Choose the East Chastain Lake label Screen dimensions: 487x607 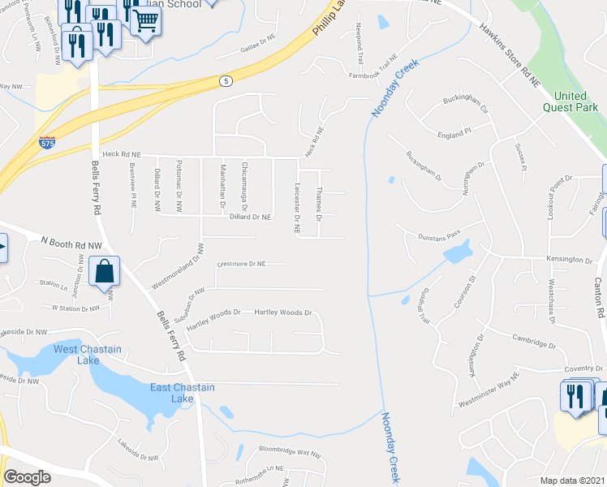coord(183,393)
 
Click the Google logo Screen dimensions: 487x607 coord(27,476)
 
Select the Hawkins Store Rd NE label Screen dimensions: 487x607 coord(509,55)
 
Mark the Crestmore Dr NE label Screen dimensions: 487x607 coord(242,264)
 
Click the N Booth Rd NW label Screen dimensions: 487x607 coord(71,242)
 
